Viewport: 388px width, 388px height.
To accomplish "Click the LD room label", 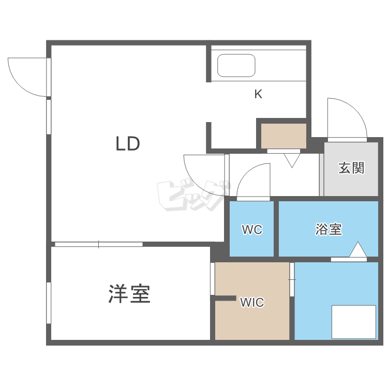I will [x=128, y=143].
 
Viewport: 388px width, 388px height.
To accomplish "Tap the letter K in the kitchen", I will [x=258, y=94].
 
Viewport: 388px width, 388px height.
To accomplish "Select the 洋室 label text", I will [x=129, y=294].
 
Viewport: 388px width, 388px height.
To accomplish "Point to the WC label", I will [x=252, y=230].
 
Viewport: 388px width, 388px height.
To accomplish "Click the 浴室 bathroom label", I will [x=329, y=229].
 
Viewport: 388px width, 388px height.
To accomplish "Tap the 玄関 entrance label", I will [x=352, y=168].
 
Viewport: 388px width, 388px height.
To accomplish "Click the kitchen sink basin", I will [x=236, y=66].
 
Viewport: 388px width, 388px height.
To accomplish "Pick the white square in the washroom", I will [x=354, y=322].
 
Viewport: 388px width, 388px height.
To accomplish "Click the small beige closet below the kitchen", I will [x=283, y=136].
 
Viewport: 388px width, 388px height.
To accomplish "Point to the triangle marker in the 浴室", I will [x=357, y=250].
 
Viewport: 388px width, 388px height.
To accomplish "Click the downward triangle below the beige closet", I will [x=292, y=160].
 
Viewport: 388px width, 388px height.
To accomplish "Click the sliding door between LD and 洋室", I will [x=98, y=244].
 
